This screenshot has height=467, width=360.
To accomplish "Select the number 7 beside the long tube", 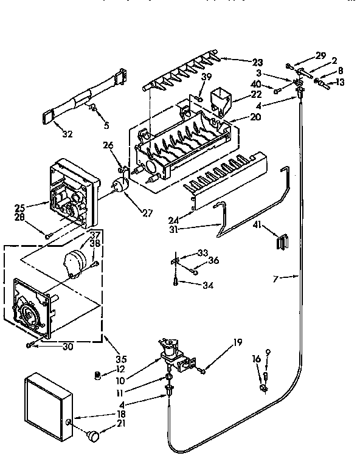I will (277, 278).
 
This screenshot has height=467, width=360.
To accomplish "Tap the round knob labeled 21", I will (92, 435).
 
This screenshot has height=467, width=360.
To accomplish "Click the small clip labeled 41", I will (281, 241).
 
